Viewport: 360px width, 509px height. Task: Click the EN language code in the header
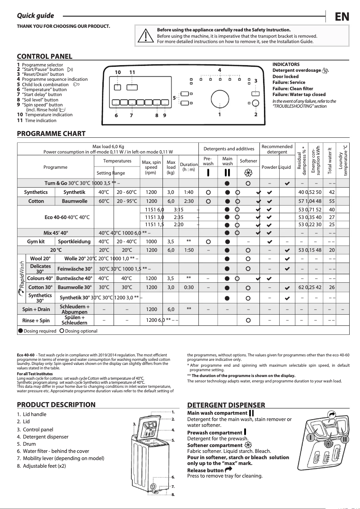[342, 17]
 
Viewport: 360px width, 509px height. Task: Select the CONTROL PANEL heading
[44, 57]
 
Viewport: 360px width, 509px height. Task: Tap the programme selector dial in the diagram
[220, 98]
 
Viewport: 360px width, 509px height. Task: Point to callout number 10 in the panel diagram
[118, 72]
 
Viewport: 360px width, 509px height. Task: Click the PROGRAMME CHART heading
[51, 134]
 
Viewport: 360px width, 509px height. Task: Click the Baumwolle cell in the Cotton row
[75, 202]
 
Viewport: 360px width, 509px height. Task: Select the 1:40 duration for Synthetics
[189, 193]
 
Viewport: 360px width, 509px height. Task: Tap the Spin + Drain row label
[36, 309]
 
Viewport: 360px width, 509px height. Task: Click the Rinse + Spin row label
[36, 320]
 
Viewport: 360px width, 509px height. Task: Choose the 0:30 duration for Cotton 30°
[189, 287]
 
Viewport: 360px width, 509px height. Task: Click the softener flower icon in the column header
[248, 172]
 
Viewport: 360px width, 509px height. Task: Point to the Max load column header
[171, 167]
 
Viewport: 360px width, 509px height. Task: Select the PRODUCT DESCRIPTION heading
[56, 405]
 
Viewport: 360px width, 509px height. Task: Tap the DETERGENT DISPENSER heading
[226, 405]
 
